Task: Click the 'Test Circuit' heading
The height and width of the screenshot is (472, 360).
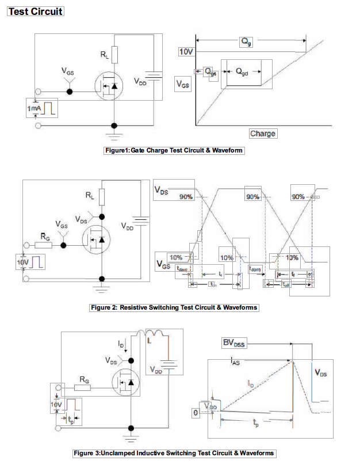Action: [35, 11]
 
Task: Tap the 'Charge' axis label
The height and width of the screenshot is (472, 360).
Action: [263, 134]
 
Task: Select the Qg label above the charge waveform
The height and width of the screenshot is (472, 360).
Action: [245, 42]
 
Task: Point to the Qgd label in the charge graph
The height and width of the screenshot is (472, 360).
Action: [242, 71]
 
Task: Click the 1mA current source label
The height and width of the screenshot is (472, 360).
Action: [34, 108]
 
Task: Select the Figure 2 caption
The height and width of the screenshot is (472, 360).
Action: [174, 307]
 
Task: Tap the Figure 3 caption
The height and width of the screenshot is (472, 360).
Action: [174, 454]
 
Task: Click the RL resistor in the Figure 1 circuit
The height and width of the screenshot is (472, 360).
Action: [114, 55]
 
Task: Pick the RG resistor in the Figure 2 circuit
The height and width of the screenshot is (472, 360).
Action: [44, 245]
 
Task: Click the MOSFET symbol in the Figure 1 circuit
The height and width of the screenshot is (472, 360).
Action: [110, 86]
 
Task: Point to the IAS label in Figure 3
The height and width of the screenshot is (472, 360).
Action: [235, 362]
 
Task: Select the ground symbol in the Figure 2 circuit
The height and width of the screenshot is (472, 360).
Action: [102, 286]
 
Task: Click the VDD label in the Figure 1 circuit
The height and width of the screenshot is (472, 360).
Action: [140, 82]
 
